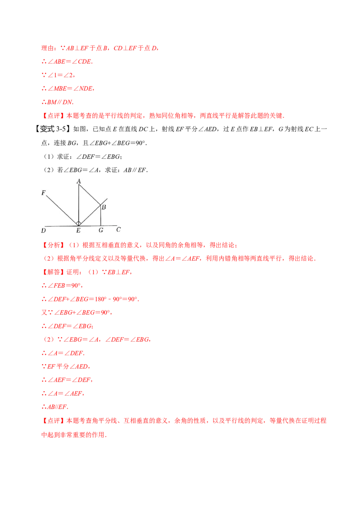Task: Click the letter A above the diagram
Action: [x=79, y=181]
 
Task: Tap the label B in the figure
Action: [x=103, y=207]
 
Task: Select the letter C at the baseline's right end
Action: [x=118, y=230]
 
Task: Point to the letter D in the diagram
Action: [x=43, y=231]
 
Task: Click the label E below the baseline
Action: [x=78, y=231]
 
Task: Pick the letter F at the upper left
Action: [x=43, y=193]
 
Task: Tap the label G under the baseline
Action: [x=100, y=230]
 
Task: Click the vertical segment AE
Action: [x=79, y=202]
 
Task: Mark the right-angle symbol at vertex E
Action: [x=79, y=223]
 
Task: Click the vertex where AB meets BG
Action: [x=100, y=205]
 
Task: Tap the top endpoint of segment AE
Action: [x=79, y=184]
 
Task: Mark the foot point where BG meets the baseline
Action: [x=100, y=226]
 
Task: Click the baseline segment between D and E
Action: [x=61, y=226]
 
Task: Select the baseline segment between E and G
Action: [x=90, y=226]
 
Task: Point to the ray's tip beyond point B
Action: [x=107, y=198]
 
